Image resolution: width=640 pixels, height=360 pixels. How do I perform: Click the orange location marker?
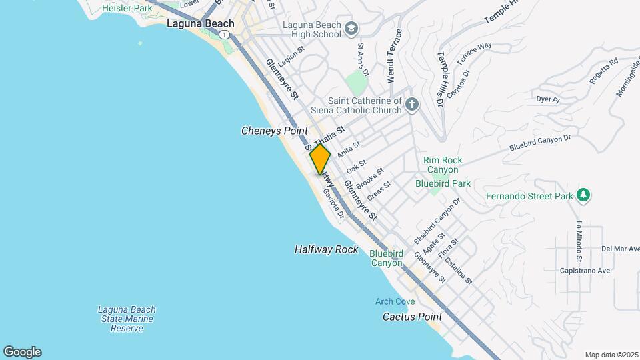pyautogui.click(x=320, y=159)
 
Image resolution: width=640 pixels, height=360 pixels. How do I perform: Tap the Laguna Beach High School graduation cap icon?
pyautogui.click(x=351, y=29)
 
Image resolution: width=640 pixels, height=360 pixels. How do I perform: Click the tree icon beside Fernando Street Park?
pyautogui.click(x=584, y=195)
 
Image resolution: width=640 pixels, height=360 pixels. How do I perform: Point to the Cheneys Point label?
pyautogui.click(x=274, y=131)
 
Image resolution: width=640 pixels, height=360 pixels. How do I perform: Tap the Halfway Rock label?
pyautogui.click(x=326, y=249)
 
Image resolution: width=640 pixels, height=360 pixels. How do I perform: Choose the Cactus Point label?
pyautogui.click(x=413, y=317)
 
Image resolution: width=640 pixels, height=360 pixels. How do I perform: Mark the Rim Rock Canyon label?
pyautogui.click(x=443, y=165)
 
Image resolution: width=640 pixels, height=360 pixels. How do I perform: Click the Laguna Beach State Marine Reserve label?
pyautogui.click(x=127, y=319)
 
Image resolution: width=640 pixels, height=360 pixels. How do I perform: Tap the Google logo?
pyautogui.click(x=22, y=352)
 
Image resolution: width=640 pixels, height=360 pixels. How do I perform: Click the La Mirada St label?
pyautogui.click(x=579, y=241)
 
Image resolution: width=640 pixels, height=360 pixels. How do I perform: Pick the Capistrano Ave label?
pyautogui.click(x=587, y=271)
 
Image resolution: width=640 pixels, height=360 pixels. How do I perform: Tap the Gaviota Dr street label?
pyautogui.click(x=333, y=203)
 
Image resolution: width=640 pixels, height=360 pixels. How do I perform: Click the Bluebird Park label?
pyautogui.click(x=443, y=183)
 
